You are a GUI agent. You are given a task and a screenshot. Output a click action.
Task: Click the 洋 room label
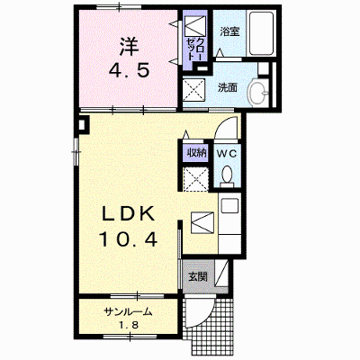click(x=130, y=47)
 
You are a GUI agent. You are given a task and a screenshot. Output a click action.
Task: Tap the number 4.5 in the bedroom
click(x=129, y=71)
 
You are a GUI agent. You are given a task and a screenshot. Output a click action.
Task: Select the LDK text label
click(x=129, y=214)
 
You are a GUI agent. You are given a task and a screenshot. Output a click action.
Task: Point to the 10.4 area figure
click(x=128, y=239)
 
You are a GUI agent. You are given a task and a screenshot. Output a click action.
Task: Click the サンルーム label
click(x=128, y=312)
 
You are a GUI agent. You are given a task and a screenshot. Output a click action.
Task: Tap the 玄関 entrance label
click(x=198, y=276)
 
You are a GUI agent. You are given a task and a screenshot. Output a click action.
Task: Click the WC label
click(x=227, y=154)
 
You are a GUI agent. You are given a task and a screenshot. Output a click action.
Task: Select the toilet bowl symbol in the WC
click(x=227, y=175)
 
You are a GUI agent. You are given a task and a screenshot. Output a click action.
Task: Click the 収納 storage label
click(x=197, y=153)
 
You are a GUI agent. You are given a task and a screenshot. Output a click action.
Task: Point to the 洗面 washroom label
click(x=228, y=87)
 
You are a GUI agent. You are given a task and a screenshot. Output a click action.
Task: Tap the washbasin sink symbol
click(x=258, y=93)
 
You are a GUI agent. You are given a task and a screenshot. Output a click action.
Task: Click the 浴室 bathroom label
click(x=230, y=31)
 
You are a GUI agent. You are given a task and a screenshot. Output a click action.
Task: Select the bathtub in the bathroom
click(x=261, y=33)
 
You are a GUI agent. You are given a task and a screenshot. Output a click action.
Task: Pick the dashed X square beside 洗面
click(x=193, y=89)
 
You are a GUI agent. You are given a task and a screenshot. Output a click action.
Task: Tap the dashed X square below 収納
click(x=195, y=179)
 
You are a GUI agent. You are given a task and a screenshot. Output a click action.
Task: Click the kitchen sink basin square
click(x=229, y=206)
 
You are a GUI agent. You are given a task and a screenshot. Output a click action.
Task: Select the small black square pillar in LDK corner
click(x=83, y=124)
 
